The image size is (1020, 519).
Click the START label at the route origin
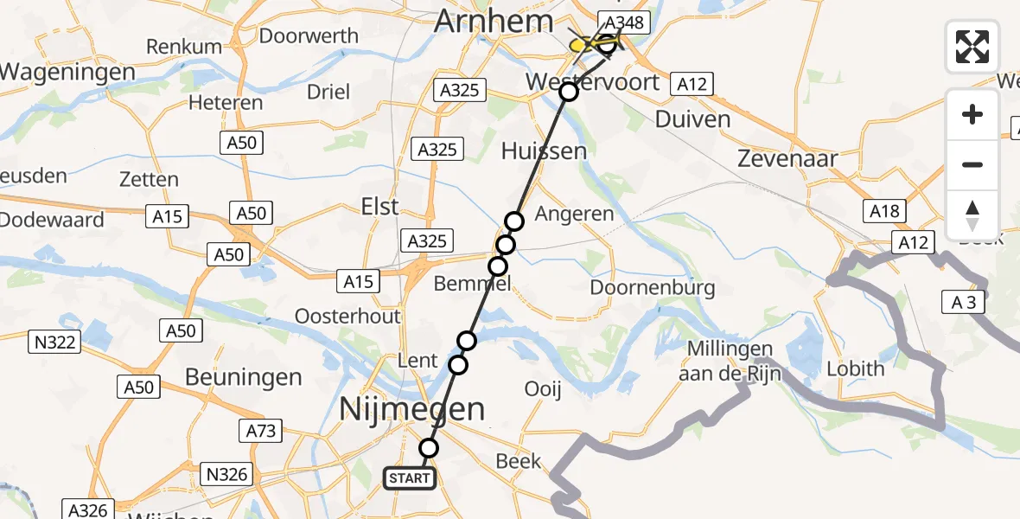pos(409,477)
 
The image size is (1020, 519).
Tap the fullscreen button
pos(972,47)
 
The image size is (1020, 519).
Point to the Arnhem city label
pos(494,21)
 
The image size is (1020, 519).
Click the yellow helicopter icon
pos(590,43)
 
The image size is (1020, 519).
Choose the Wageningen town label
pos(67,72)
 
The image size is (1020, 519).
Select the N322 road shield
pos(55,343)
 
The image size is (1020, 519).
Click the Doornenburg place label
pos(653,286)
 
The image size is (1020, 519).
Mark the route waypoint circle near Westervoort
pos(568,92)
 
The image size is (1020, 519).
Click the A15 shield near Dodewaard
pos(168,216)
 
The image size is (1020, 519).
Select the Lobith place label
pos(856,368)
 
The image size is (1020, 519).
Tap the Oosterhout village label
pos(347,316)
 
